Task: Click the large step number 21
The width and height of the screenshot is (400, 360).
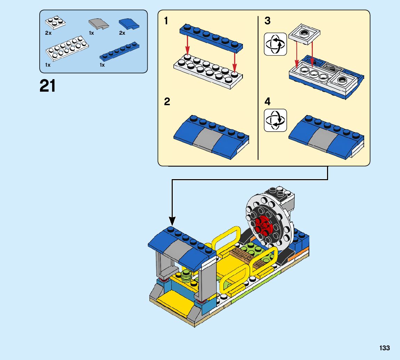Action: click(x=48, y=86)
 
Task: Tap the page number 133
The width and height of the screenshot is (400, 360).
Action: click(x=385, y=348)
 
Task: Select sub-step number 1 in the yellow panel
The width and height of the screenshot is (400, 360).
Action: click(x=166, y=21)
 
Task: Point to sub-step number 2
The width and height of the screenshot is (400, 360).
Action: click(x=167, y=102)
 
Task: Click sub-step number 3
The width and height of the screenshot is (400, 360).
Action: click(x=267, y=21)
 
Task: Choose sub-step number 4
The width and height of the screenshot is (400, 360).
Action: click(x=267, y=102)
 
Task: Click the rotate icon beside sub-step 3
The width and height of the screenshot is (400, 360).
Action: click(x=275, y=44)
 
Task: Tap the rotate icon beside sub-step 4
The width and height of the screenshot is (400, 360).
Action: click(x=275, y=120)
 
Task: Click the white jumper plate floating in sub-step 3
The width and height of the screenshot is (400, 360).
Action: click(x=304, y=34)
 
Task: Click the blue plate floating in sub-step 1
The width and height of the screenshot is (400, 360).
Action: click(x=211, y=36)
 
